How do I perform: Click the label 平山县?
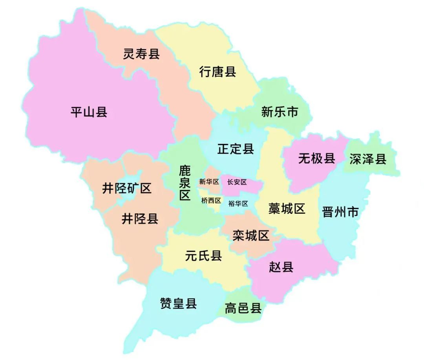[89, 112]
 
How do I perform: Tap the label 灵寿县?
[141, 54]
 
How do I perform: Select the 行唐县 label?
[217, 72]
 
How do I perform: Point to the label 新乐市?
[280, 112]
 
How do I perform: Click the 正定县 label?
[236, 149]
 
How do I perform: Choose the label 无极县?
[316, 158]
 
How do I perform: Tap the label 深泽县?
[368, 159]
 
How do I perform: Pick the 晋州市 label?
[340, 212]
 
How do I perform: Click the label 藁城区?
[287, 208]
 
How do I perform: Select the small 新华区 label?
[209, 182]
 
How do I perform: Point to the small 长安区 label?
[237, 182]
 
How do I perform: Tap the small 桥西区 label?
[211, 200]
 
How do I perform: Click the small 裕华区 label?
[238, 204]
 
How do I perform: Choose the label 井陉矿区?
[126, 188]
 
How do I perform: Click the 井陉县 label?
[140, 219]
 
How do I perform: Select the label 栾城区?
[250, 235]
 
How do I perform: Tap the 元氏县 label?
[203, 256]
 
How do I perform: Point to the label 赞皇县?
[178, 303]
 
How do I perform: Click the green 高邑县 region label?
[243, 308]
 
